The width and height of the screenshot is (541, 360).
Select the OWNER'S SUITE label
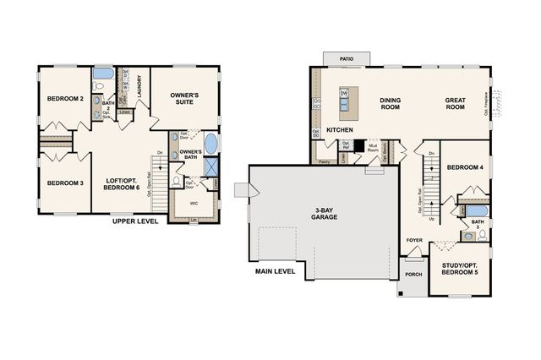click(184, 99)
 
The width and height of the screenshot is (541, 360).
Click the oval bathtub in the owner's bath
click(210, 143)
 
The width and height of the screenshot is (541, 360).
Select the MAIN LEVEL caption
click(276, 271)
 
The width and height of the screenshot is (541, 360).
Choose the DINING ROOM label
click(390, 104)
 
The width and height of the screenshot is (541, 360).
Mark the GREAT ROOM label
click(456, 104)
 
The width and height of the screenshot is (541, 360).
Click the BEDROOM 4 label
click(464, 168)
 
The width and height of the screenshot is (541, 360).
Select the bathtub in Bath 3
click(477, 210)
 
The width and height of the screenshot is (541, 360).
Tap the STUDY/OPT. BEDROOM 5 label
click(459, 270)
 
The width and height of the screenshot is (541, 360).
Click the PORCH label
click(414, 274)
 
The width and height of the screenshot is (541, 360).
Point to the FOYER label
click(414, 240)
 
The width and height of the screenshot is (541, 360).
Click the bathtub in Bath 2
click(102, 73)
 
